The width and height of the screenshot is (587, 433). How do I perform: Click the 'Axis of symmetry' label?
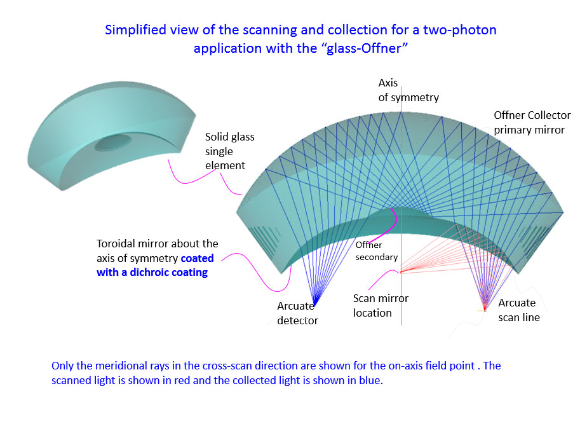[x=408, y=90]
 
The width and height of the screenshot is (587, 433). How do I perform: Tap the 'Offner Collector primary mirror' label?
[x=532, y=123]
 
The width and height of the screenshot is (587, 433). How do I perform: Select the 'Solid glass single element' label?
[x=229, y=151]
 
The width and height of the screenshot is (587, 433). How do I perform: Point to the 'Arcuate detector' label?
[x=297, y=313]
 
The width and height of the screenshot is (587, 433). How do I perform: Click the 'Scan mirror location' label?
[x=381, y=305]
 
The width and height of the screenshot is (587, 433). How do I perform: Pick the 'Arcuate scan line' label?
[x=519, y=310]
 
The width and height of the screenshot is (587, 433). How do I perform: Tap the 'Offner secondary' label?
[x=376, y=251]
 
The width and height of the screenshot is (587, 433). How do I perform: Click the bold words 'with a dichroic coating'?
[x=152, y=272]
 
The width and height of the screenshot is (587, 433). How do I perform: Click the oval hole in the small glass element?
[x=112, y=142]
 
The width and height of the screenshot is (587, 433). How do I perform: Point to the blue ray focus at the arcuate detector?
[x=316, y=302]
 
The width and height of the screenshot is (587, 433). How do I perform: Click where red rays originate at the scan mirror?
[x=401, y=271]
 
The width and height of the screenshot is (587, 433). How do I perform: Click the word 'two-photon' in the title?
[x=460, y=30]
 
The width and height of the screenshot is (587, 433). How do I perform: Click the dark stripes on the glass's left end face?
[x=264, y=239]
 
